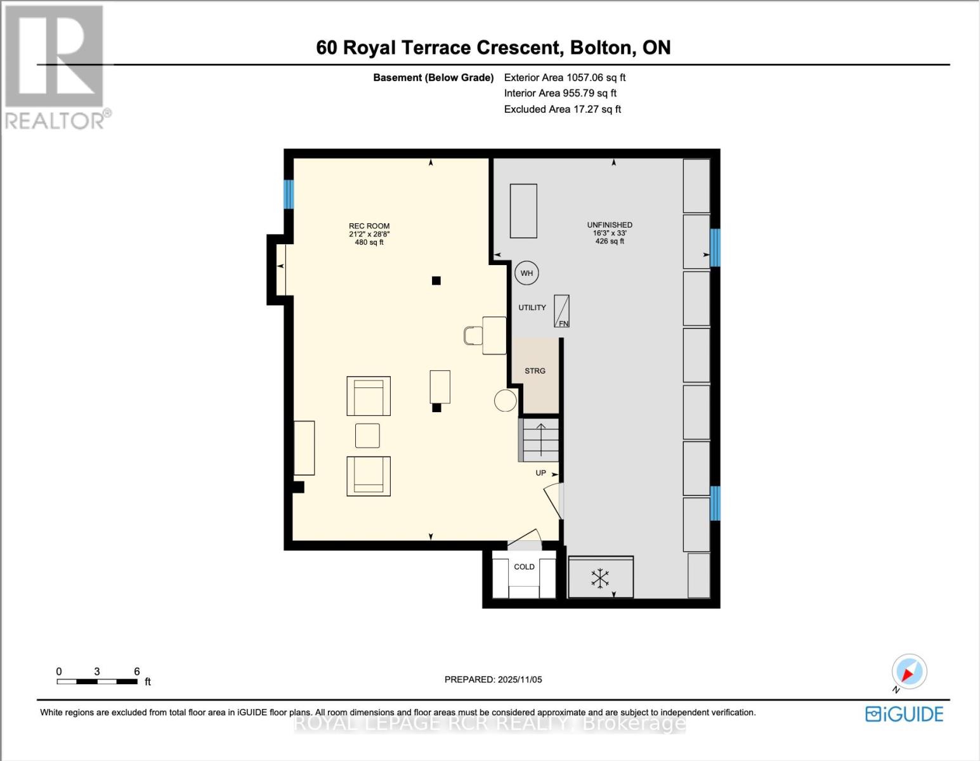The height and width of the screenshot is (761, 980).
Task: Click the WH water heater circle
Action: [x=526, y=273]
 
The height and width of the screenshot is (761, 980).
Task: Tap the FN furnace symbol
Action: [x=562, y=311]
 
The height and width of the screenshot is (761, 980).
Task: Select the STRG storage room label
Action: [x=535, y=371]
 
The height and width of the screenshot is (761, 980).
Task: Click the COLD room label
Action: [x=524, y=567]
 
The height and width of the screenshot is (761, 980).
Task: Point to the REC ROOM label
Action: [x=369, y=226]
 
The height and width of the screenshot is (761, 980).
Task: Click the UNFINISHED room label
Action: [x=610, y=225]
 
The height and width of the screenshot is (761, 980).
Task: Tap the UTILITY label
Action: [x=532, y=308]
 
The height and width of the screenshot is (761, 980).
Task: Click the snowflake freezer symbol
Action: [x=600, y=578]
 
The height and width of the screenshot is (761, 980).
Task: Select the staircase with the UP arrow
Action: [x=540, y=439]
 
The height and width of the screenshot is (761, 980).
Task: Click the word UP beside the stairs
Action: [x=540, y=473]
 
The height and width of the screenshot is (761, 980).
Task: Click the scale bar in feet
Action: [x=97, y=682]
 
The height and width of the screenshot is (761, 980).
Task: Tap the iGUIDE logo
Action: [x=904, y=714]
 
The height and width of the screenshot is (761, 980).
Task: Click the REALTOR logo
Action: [x=56, y=67]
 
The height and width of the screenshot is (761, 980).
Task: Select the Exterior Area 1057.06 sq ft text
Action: [x=565, y=77]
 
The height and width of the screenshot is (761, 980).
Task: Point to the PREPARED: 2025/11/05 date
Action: [x=493, y=680]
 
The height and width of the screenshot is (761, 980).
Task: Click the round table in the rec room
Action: [x=506, y=401]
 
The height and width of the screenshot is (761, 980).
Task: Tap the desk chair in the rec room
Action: [x=473, y=335]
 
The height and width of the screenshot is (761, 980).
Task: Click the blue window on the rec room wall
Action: [x=289, y=194]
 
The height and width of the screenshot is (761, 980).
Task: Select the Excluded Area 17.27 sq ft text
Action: [x=562, y=109]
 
